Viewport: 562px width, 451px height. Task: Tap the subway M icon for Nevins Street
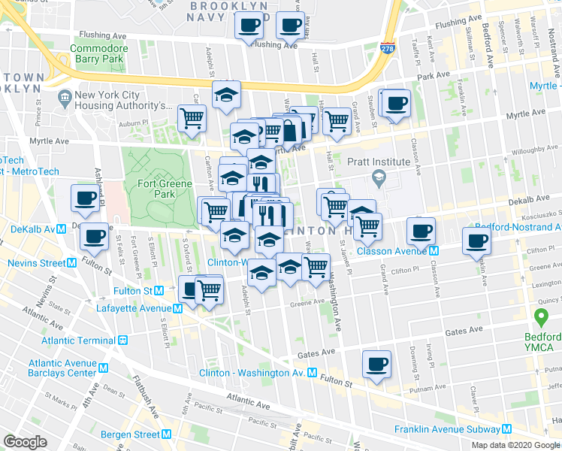pyautogui.click(x=72, y=263)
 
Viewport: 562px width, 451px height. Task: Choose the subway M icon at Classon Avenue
pyautogui.click(x=434, y=250)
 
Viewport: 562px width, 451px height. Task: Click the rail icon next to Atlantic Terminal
pyautogui.click(x=122, y=339)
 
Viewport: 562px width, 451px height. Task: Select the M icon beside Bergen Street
pyautogui.click(x=166, y=434)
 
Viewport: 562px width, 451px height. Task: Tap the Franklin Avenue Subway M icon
pyautogui.click(x=508, y=429)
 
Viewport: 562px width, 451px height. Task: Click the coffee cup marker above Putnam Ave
pyautogui.click(x=377, y=365)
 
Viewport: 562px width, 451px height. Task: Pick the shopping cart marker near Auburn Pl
pyautogui.click(x=192, y=117)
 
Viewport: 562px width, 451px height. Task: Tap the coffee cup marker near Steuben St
pyautogui.click(x=395, y=104)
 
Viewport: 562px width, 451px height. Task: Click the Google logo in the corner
pyautogui.click(x=24, y=441)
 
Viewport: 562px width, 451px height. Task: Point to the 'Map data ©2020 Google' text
pyautogui.click(x=515, y=445)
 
